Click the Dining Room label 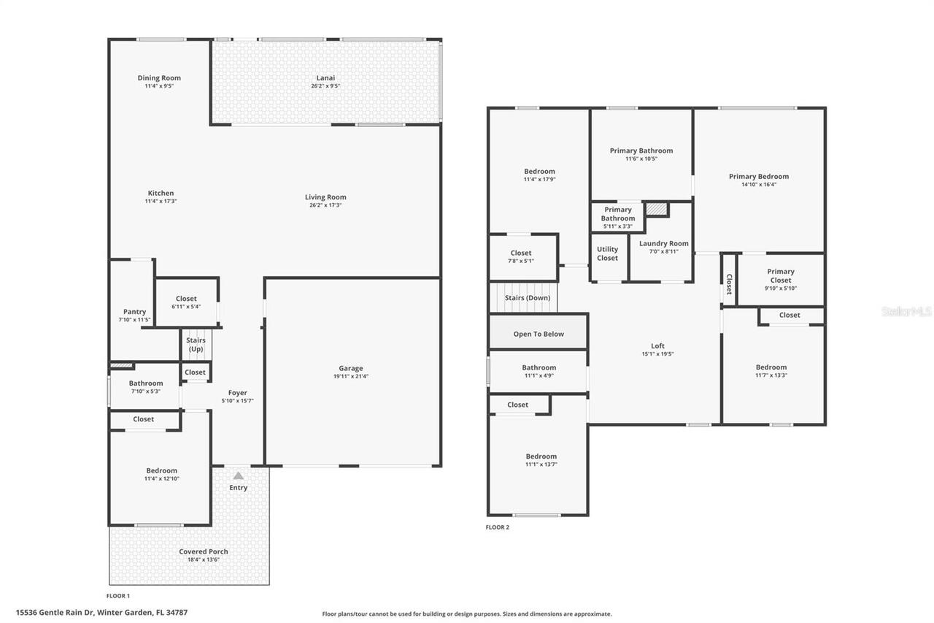[159, 78]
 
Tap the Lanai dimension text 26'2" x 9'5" [325, 86]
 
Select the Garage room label [350, 369]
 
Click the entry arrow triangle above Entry [238, 475]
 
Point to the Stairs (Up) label [196, 345]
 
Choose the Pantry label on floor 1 [134, 312]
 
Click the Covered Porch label [204, 551]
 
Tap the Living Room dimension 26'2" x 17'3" [325, 205]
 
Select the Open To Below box [539, 334]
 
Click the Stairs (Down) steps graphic [522, 298]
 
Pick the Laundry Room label [663, 244]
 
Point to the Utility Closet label [607, 253]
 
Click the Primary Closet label [780, 275]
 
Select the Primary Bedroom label [758, 176]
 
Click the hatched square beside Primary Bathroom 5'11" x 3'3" [657, 209]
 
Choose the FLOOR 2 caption [498, 527]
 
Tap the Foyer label [237, 393]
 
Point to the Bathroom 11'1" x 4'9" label [539, 368]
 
